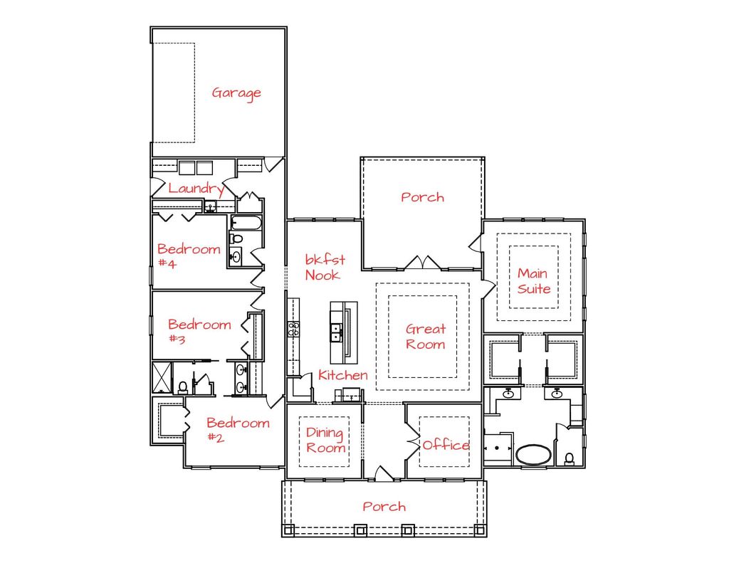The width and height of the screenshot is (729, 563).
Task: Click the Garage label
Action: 236,93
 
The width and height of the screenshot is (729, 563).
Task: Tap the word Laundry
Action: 196,189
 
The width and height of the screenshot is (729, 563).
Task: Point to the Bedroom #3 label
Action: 199,331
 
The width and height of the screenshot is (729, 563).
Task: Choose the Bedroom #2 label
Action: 237,430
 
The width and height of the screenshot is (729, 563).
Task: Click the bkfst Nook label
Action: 322,267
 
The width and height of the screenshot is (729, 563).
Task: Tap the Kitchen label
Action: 342,375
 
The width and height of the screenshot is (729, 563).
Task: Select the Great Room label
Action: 425,337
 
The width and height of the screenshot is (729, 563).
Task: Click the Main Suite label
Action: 533,280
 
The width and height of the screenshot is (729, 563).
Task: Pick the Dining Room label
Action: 325,440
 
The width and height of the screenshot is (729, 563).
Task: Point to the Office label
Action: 446,445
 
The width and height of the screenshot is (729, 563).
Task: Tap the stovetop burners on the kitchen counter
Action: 293,329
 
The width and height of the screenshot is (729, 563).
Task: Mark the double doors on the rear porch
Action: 423,263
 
